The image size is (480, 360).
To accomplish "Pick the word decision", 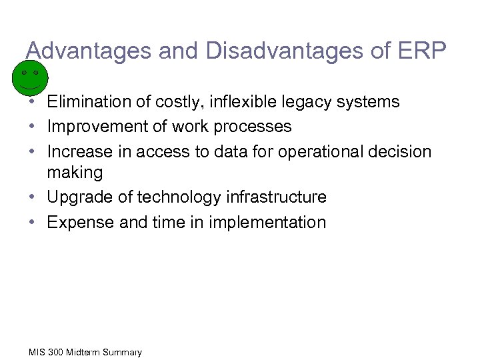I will tap(401, 151).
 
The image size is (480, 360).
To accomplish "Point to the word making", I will tap(75, 173).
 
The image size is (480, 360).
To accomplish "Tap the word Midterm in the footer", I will tap(77, 352).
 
